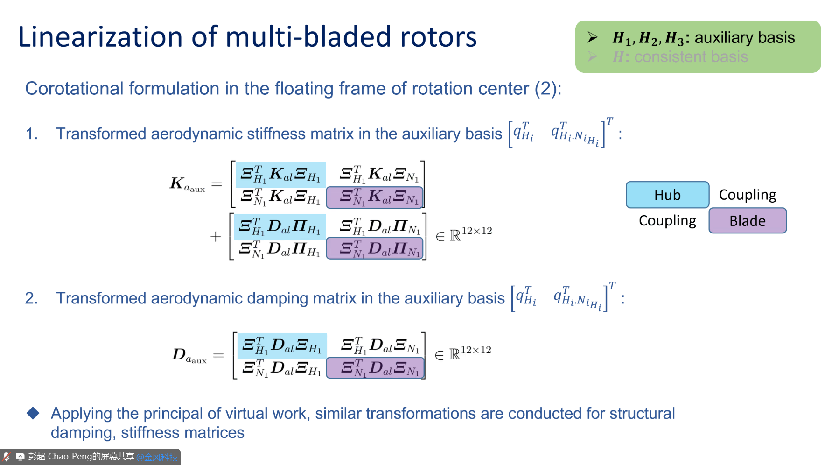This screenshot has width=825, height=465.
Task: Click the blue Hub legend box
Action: [667, 195]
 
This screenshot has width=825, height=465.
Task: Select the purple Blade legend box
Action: [748, 221]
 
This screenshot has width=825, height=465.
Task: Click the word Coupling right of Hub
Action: [748, 195]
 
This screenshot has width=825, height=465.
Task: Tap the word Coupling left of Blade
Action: [667, 221]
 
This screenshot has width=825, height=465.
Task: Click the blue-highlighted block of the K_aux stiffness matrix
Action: [280, 174]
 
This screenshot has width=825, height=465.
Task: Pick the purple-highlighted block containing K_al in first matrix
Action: [375, 197]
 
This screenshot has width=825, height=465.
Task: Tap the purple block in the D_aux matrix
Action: [375, 368]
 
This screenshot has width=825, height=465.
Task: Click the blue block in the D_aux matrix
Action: [282, 346]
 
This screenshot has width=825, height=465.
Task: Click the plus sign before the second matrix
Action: [215, 237]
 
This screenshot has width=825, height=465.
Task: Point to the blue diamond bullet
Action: [33, 413]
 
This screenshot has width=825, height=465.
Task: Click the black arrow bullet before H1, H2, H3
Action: [593, 37]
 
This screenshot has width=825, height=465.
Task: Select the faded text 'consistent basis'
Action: [691, 57]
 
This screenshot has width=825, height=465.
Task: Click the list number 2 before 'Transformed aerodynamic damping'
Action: [31, 298]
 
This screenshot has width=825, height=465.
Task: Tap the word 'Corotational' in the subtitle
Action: [75, 89]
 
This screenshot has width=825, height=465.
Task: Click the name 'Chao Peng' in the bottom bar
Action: [70, 457]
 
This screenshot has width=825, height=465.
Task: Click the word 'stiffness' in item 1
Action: [276, 134]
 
